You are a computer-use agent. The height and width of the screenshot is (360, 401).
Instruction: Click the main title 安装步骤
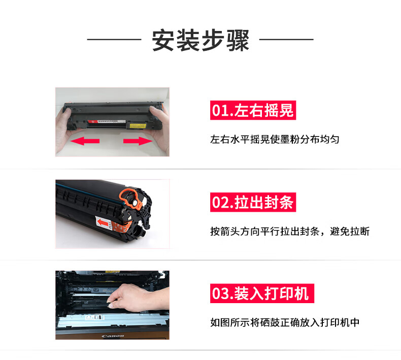tap(201, 40)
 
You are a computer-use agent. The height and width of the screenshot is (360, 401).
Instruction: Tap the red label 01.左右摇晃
tap(253, 110)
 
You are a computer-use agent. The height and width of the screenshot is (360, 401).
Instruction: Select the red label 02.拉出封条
tap(253, 202)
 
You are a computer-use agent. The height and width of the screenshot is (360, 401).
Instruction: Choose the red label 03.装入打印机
tap(262, 293)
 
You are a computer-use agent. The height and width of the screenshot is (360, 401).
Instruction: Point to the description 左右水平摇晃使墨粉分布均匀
tap(275, 140)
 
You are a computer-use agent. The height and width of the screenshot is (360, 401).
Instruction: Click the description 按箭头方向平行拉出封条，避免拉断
tap(290, 232)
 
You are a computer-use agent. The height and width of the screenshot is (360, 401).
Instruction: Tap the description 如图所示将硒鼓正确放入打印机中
tap(285, 322)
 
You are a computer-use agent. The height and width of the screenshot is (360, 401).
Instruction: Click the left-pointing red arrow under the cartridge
tap(85, 141)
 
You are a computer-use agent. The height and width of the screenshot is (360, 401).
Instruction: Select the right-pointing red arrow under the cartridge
tap(138, 141)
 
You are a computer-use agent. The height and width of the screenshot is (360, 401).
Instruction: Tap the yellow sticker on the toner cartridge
tap(138, 125)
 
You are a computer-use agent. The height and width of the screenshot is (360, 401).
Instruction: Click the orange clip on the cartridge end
tap(130, 199)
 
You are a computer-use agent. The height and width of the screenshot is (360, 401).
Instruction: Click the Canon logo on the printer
tap(113, 336)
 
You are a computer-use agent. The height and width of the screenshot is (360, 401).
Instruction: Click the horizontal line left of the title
tap(114, 40)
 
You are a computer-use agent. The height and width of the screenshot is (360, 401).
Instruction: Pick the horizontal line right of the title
tap(286, 40)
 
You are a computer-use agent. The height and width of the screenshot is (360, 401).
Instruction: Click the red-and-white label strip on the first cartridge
tap(107, 121)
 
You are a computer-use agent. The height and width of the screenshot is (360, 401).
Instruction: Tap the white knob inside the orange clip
tap(134, 203)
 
